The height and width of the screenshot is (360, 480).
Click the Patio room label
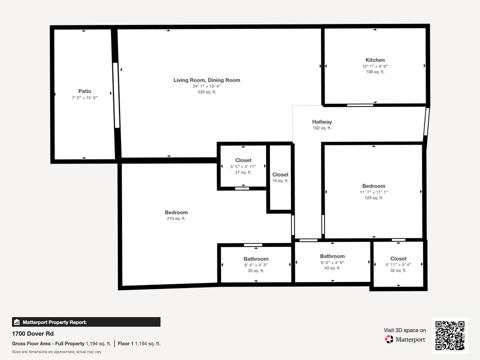point(84,91)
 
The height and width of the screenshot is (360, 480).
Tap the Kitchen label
point(375,60)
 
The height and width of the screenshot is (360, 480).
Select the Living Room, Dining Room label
point(206,80)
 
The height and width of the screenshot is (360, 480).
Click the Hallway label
point(322,121)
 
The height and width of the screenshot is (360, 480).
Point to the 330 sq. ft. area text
point(206,92)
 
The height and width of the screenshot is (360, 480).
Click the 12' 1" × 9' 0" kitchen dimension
point(375,66)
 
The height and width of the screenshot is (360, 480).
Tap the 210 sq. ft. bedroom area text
point(176,218)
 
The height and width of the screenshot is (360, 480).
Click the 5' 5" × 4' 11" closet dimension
point(243,166)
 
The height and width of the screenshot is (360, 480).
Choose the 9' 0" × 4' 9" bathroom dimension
point(332,262)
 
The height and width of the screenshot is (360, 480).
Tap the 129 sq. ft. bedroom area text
point(373,198)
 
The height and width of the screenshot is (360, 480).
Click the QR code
point(450,335)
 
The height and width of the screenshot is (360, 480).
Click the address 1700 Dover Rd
point(32,333)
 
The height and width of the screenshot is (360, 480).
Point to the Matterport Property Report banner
point(86,322)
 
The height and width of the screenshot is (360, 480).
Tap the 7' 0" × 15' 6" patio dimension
point(84,97)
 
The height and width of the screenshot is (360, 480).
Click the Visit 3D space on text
point(405,330)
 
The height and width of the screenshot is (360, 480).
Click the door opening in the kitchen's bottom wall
point(360,104)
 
